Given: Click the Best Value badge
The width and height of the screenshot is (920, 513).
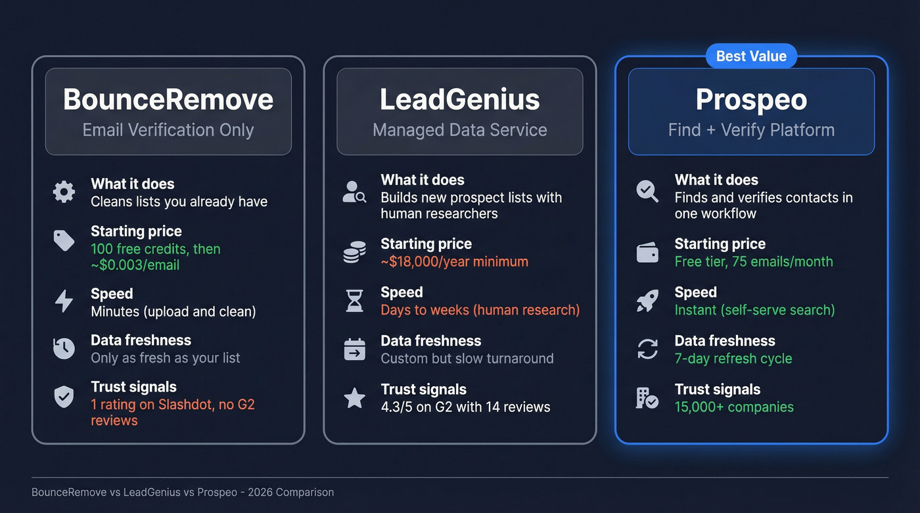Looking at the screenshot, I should [x=751, y=56].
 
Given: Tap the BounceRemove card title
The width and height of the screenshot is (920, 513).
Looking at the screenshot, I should [x=168, y=100].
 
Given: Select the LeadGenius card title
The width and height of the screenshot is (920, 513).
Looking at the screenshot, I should [x=459, y=100].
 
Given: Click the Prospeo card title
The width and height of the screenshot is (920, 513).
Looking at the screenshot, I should [x=751, y=100].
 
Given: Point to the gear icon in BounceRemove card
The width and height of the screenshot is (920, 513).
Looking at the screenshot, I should [x=64, y=192].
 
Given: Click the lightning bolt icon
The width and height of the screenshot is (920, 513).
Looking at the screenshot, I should [x=64, y=301].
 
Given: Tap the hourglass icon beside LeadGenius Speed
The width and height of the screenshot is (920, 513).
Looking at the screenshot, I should [x=355, y=301].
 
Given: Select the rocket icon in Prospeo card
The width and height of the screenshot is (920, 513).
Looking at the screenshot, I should [x=647, y=301].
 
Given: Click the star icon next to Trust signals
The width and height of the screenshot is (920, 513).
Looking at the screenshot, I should [x=355, y=397].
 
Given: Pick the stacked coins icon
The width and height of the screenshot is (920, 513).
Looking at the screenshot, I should [x=355, y=252].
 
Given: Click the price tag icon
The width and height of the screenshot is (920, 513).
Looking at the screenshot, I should [x=64, y=240].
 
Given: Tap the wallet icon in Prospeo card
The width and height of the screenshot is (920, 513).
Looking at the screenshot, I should [x=647, y=252].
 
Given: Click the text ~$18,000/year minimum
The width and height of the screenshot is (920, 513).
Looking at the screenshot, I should [x=454, y=261].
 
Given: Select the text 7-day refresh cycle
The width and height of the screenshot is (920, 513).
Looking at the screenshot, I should [x=733, y=359].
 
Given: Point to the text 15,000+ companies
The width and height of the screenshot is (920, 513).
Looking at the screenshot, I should [x=734, y=407].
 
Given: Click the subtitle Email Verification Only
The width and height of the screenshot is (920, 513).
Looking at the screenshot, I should [x=168, y=130].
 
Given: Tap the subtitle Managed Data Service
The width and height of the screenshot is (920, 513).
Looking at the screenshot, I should [x=459, y=130].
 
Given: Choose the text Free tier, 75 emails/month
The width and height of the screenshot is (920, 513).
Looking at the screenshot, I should [x=754, y=261].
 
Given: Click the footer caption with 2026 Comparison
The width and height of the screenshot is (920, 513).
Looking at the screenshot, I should [x=183, y=492].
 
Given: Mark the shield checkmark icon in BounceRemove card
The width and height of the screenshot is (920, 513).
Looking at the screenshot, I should [x=64, y=396].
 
